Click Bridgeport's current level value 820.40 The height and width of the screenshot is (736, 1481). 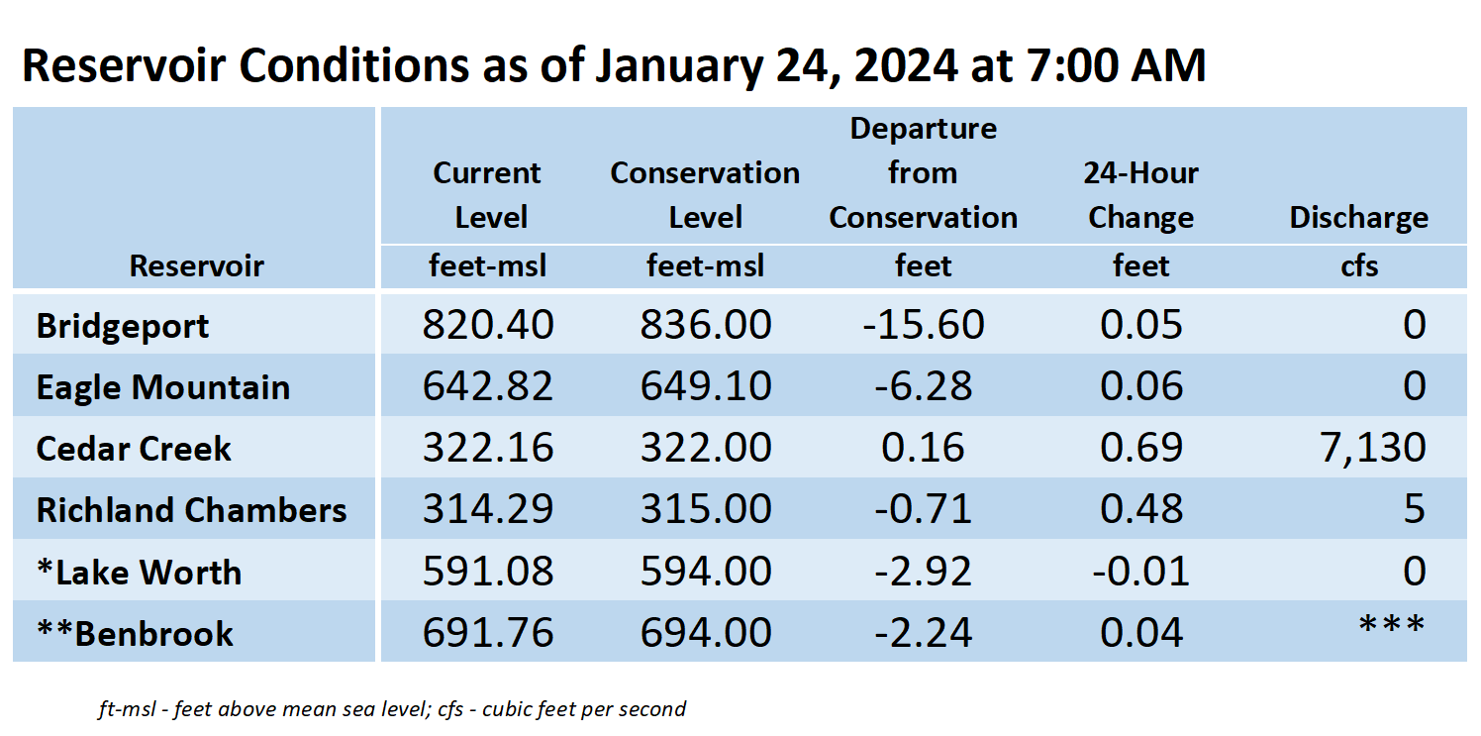tap(488, 325)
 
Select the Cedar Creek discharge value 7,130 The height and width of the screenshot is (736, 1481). tap(1373, 449)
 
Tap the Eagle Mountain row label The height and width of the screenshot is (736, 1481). tap(163, 387)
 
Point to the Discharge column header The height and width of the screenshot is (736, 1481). tap(1358, 218)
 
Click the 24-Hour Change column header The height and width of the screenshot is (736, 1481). tap(1141, 195)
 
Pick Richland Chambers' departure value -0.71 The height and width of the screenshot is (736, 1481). tap(923, 509)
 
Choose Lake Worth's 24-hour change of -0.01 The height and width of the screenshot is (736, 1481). tap(1141, 572)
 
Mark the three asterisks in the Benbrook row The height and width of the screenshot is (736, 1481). tap(1392, 624)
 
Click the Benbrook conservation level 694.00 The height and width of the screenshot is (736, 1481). tap(706, 633)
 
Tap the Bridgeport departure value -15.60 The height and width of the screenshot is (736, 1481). tap(923, 325)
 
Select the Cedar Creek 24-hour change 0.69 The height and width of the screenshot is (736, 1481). tap(1141, 448)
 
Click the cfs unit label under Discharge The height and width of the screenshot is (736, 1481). tap(1359, 265)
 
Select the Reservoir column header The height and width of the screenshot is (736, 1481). tap(196, 265)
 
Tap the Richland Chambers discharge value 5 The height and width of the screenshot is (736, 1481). tap(1415, 509)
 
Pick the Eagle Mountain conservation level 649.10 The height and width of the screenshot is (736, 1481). tap(706, 386)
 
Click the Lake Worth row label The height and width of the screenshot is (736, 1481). tap(140, 572)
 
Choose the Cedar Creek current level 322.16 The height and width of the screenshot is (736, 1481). tap(488, 448)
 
